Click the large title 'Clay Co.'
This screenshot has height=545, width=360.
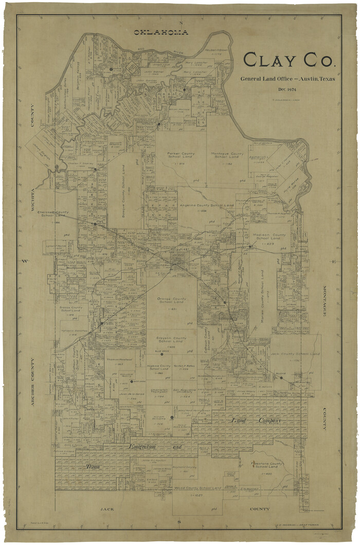(x=289, y=61)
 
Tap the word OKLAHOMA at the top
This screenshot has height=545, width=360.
(x=161, y=32)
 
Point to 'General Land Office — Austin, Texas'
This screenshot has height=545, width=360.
(x=287, y=79)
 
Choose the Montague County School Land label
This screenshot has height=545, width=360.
(x=227, y=156)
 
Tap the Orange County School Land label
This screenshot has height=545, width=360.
(x=172, y=300)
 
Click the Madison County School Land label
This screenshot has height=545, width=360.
(x=268, y=237)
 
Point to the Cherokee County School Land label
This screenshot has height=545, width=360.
(x=53, y=214)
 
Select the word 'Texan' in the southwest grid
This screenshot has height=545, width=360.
(x=93, y=467)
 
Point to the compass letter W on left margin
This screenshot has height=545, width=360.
(x=23, y=261)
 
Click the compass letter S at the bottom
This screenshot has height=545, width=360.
(x=179, y=521)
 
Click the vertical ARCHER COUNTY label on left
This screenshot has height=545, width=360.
(x=32, y=383)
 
